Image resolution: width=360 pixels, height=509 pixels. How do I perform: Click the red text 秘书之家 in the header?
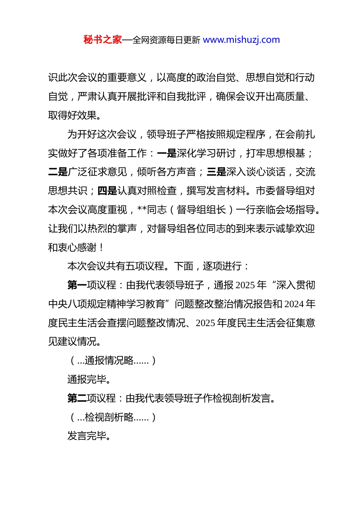(x=103, y=40)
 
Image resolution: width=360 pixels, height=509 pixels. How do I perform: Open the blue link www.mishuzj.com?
(x=241, y=40)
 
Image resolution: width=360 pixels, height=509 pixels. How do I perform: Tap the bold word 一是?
(x=167, y=153)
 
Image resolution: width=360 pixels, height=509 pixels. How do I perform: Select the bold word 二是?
(x=58, y=172)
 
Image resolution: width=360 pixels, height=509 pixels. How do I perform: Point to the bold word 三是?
(x=216, y=172)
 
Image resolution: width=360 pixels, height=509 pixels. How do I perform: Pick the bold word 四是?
(x=107, y=191)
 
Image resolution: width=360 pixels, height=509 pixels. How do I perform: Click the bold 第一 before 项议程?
(x=77, y=285)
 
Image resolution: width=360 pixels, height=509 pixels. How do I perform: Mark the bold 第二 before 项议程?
(x=77, y=398)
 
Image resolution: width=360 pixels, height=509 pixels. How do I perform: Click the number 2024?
(x=294, y=304)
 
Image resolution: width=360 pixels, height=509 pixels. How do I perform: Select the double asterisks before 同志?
(x=142, y=210)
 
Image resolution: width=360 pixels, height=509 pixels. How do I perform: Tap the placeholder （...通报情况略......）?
(x=113, y=361)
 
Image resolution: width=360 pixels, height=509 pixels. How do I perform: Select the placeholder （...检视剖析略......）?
(x=113, y=417)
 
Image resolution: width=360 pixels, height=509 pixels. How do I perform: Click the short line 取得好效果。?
(x=75, y=116)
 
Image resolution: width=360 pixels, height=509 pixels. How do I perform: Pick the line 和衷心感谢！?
(x=76, y=248)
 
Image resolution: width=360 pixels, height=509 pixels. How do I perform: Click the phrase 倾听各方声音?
(x=166, y=172)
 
